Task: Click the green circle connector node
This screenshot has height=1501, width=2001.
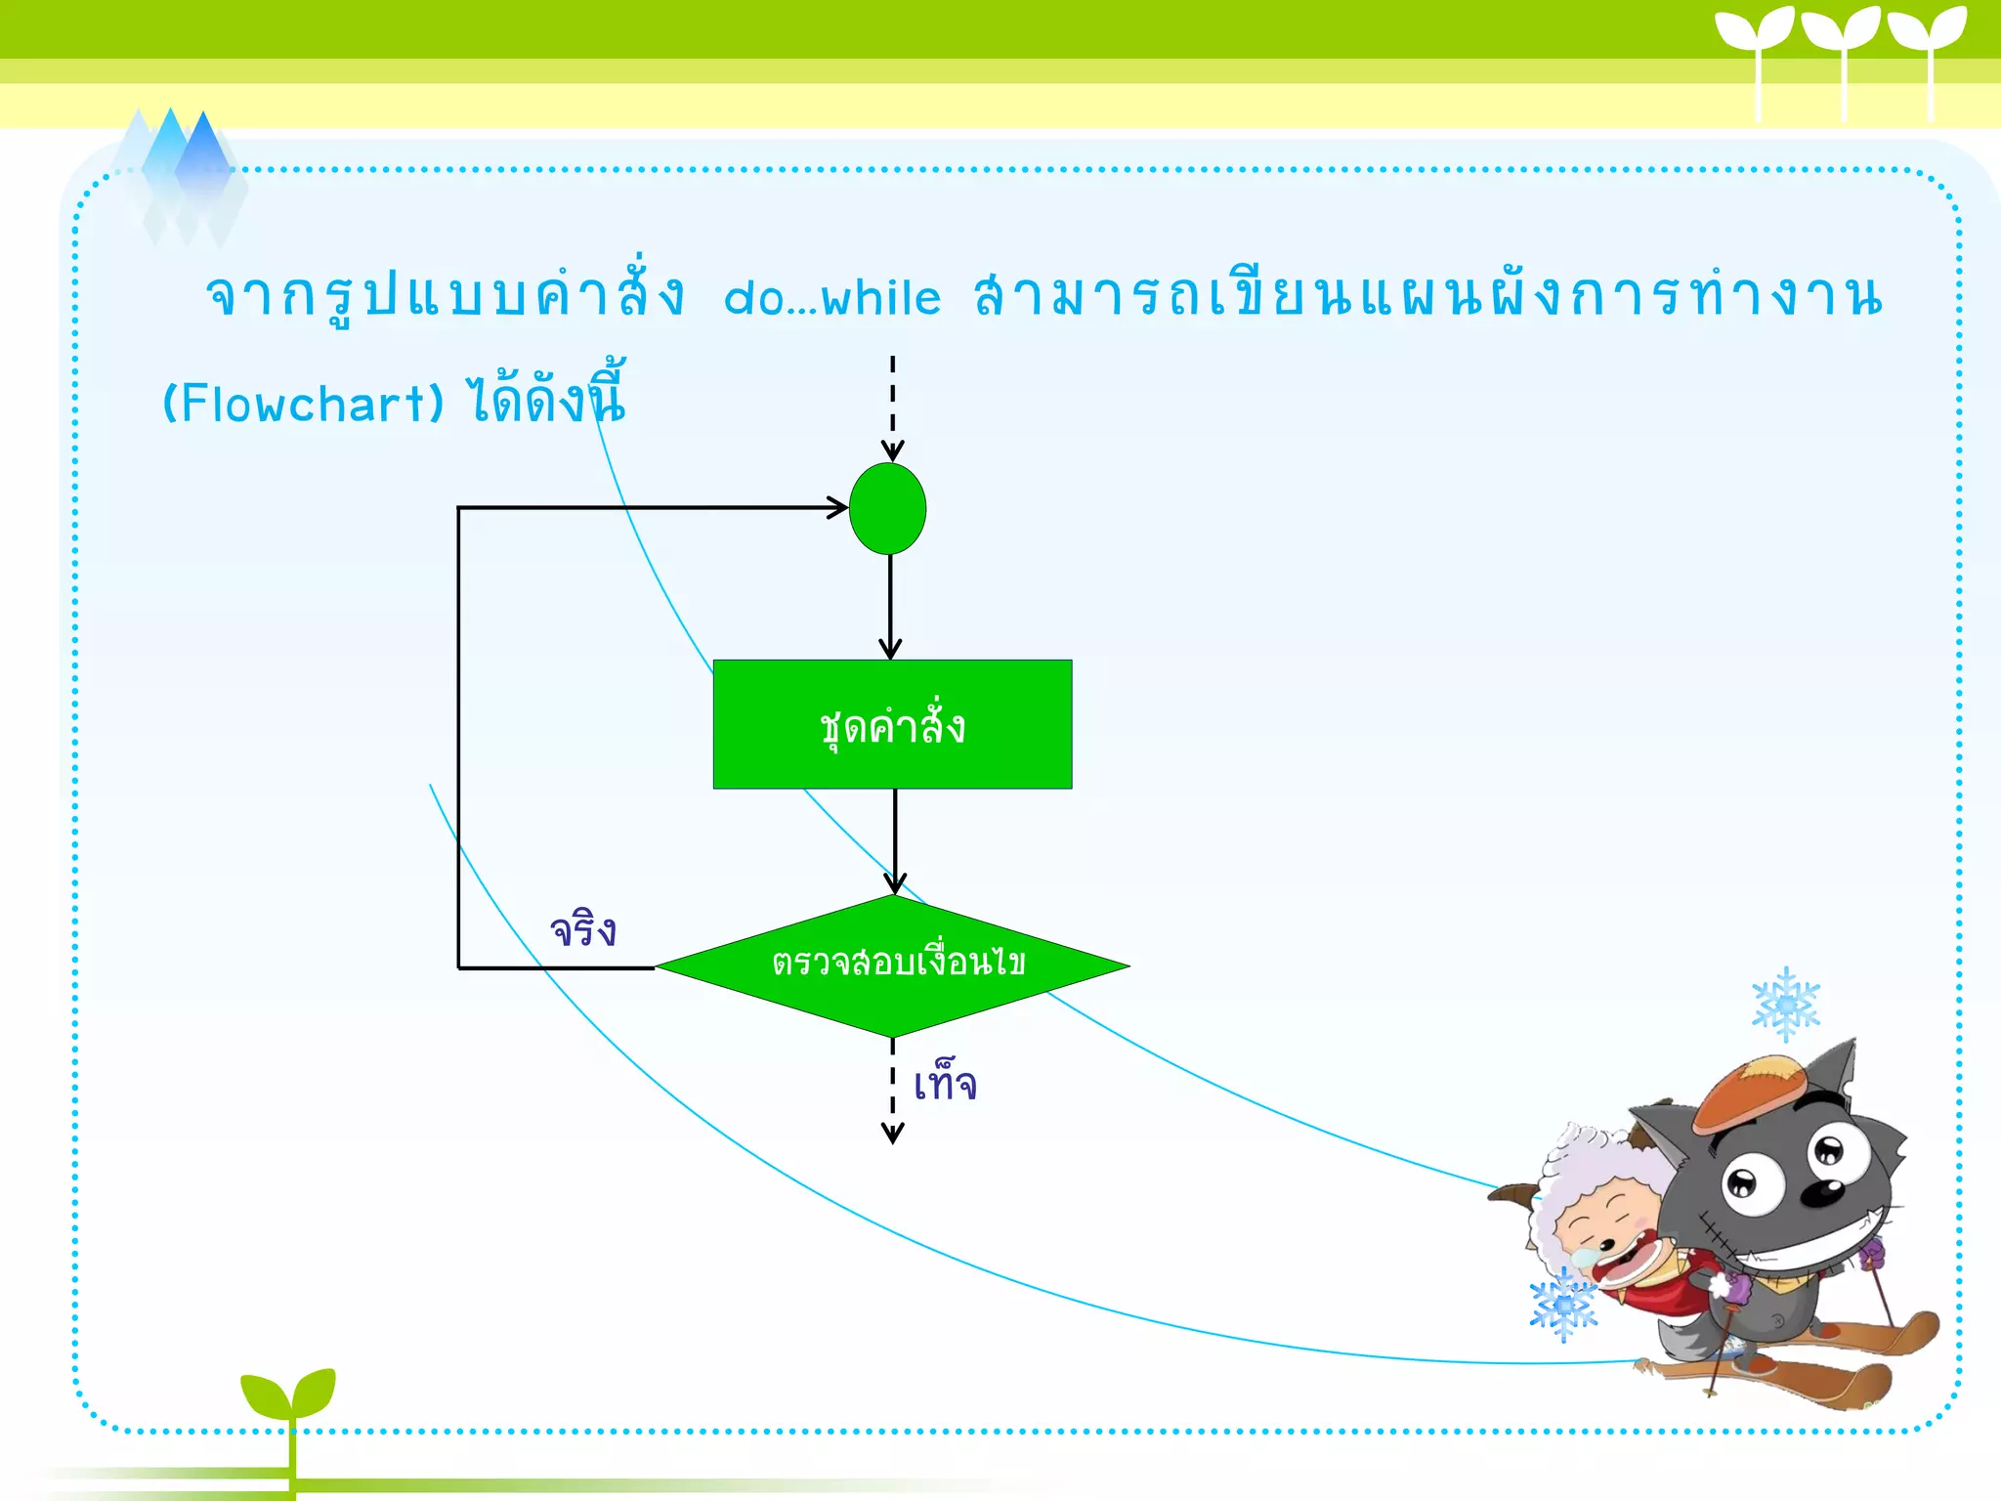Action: (x=887, y=509)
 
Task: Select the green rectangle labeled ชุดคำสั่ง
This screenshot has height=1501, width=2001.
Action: (x=892, y=724)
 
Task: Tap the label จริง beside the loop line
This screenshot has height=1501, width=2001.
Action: (x=583, y=929)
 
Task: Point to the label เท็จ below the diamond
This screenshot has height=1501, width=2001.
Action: (x=945, y=1084)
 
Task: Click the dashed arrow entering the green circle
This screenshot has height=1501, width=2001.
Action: (x=892, y=406)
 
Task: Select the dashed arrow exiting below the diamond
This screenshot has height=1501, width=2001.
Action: (x=892, y=1090)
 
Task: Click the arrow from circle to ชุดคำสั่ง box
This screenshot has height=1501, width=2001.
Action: (x=889, y=606)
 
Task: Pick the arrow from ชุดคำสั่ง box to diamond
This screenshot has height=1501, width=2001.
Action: (x=895, y=840)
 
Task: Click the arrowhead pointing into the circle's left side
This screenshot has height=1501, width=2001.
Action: (x=837, y=507)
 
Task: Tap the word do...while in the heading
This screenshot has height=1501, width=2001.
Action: (x=832, y=298)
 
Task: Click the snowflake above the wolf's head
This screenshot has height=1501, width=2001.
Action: (x=1785, y=1005)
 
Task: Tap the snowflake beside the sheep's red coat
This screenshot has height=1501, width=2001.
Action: (x=1563, y=1306)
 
